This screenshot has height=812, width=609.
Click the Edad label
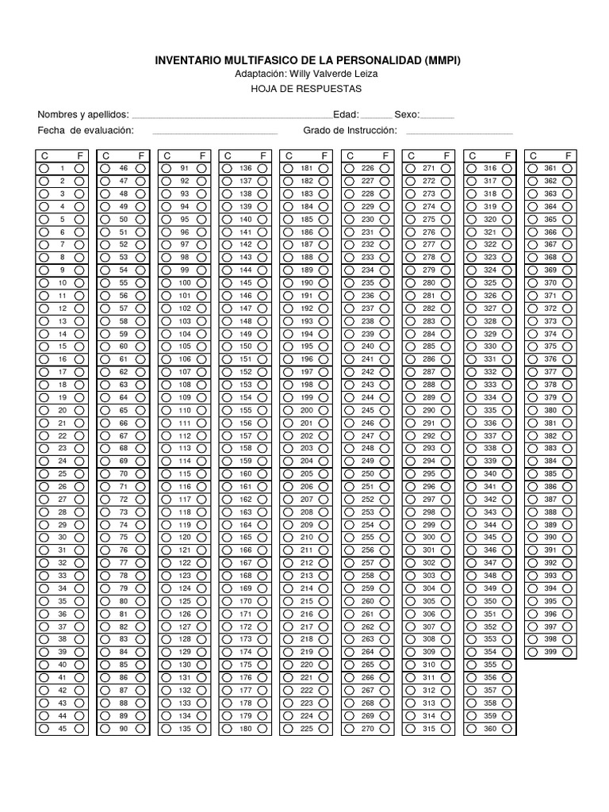point(346,114)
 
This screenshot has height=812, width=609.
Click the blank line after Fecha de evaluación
point(214,131)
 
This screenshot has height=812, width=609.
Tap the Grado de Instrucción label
point(349,130)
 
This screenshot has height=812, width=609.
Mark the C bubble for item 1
point(44,168)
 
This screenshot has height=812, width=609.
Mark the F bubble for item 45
point(79,729)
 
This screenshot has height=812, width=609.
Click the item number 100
point(185,283)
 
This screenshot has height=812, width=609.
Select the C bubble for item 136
point(227,168)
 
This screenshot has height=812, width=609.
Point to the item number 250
point(368,473)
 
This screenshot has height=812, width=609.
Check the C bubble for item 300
point(410,538)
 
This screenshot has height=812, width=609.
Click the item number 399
point(550,652)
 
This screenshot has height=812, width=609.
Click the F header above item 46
point(140,155)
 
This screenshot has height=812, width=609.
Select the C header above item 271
point(412,155)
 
